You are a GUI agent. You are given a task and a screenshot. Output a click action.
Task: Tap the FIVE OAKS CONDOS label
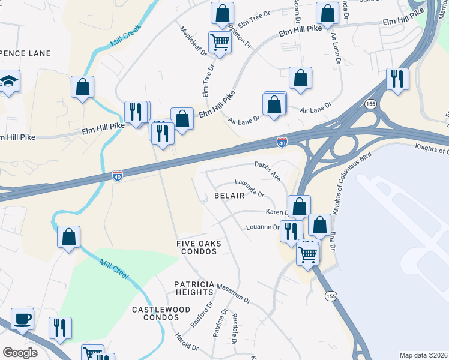click(x=199, y=247)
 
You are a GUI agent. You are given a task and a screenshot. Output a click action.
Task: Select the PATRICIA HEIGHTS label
click(x=194, y=287)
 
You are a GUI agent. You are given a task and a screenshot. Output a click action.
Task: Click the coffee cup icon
click(x=23, y=319)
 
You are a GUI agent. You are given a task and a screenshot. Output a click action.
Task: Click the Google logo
click(x=20, y=353)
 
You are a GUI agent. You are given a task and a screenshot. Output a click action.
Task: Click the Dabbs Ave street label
click(x=268, y=170)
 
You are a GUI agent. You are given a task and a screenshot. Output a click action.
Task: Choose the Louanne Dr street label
click(x=263, y=227)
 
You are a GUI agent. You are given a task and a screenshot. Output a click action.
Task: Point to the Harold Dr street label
click(x=187, y=343)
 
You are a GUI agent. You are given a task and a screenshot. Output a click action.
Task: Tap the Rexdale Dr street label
click(x=235, y=329)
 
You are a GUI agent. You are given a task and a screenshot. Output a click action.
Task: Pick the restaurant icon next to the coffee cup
click(x=60, y=328)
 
